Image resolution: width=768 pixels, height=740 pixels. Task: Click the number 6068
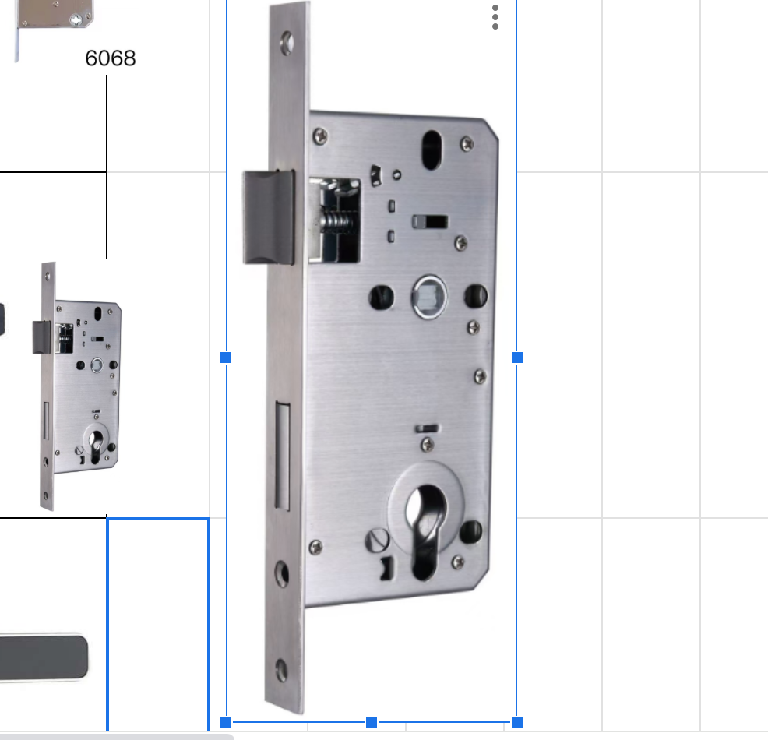click(110, 58)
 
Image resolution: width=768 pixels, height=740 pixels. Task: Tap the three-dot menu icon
click(495, 17)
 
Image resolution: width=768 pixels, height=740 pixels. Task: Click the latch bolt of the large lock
click(269, 217)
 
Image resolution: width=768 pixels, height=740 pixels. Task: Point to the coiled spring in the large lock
click(336, 222)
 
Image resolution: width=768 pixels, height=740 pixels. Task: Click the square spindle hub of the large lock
click(429, 297)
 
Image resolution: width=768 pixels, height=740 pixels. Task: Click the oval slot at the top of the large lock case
click(432, 150)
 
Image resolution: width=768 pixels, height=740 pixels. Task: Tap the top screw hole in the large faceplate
click(287, 43)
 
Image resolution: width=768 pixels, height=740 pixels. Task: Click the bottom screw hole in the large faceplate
click(282, 670)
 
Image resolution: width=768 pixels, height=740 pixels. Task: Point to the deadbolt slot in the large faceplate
click(282, 456)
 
